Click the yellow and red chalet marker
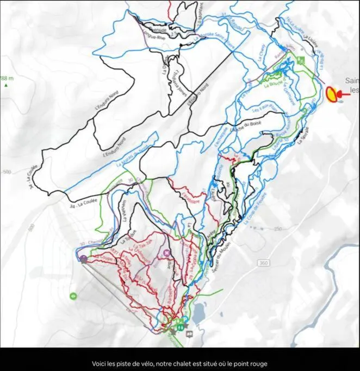click(331, 95)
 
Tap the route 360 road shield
click(264, 263)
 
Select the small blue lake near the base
click(199, 313)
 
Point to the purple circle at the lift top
click(83, 259)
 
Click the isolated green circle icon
click(73, 296)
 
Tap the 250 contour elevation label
click(278, 229)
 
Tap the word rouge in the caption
click(258, 363)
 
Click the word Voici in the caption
click(99, 363)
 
